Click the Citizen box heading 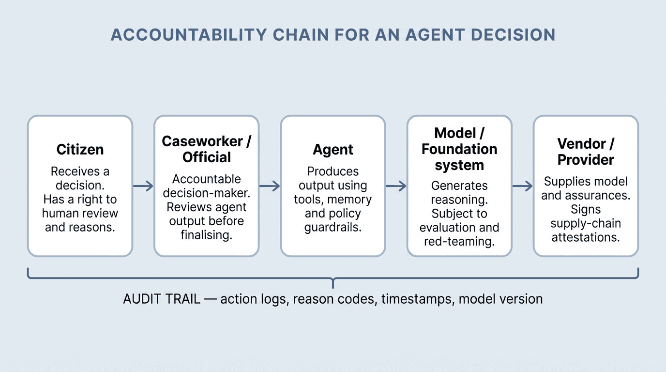click(80, 149)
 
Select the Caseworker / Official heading click(207, 149)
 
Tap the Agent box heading click(333, 149)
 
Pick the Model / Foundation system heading click(459, 149)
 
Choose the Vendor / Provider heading click(586, 152)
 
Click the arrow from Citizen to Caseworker click(143, 186)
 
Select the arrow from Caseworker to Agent click(270, 186)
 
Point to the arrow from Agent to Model click(396, 186)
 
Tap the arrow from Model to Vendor click(522, 186)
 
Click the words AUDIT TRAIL click(162, 299)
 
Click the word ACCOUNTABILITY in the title click(188, 35)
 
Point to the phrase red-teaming click(459, 242)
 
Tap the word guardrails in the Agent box click(333, 227)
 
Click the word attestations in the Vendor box click(586, 237)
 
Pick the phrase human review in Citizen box click(80, 213)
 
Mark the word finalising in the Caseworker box click(207, 235)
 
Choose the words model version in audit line click(500, 299)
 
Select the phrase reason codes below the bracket click(334, 299)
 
